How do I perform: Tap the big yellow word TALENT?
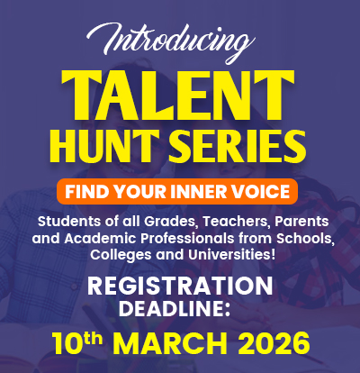(x=180, y=94)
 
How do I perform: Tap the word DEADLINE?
(x=180, y=310)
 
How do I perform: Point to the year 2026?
(x=272, y=344)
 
